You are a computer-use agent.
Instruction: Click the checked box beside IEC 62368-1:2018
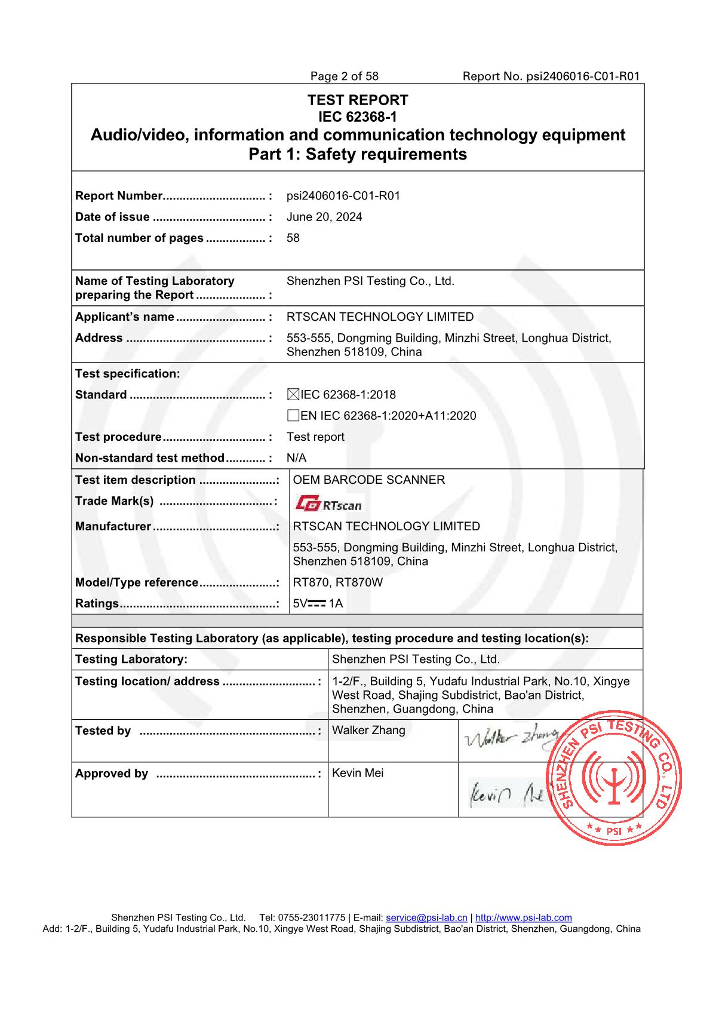pos(293,394)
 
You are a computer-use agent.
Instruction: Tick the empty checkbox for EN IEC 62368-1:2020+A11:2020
pos(293,416)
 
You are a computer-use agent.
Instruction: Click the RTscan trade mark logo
pos(328,505)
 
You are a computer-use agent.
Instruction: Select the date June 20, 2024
pos(324,217)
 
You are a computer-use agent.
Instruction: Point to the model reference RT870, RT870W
pos(337,582)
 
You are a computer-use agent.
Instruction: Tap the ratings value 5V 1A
pos(318,603)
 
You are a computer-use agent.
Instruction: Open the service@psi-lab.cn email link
pos(426,917)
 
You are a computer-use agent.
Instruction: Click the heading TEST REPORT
pos(358,100)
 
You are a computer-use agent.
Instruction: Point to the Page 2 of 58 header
pos(344,76)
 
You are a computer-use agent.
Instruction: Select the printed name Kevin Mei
pos(358,773)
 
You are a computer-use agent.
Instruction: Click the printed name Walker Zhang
pos(368,730)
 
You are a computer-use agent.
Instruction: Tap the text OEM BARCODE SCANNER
pos(369,480)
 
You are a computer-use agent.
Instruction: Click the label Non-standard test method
pos(149,458)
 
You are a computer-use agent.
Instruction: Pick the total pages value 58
pos(293,238)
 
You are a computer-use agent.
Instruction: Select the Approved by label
pos(112,773)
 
